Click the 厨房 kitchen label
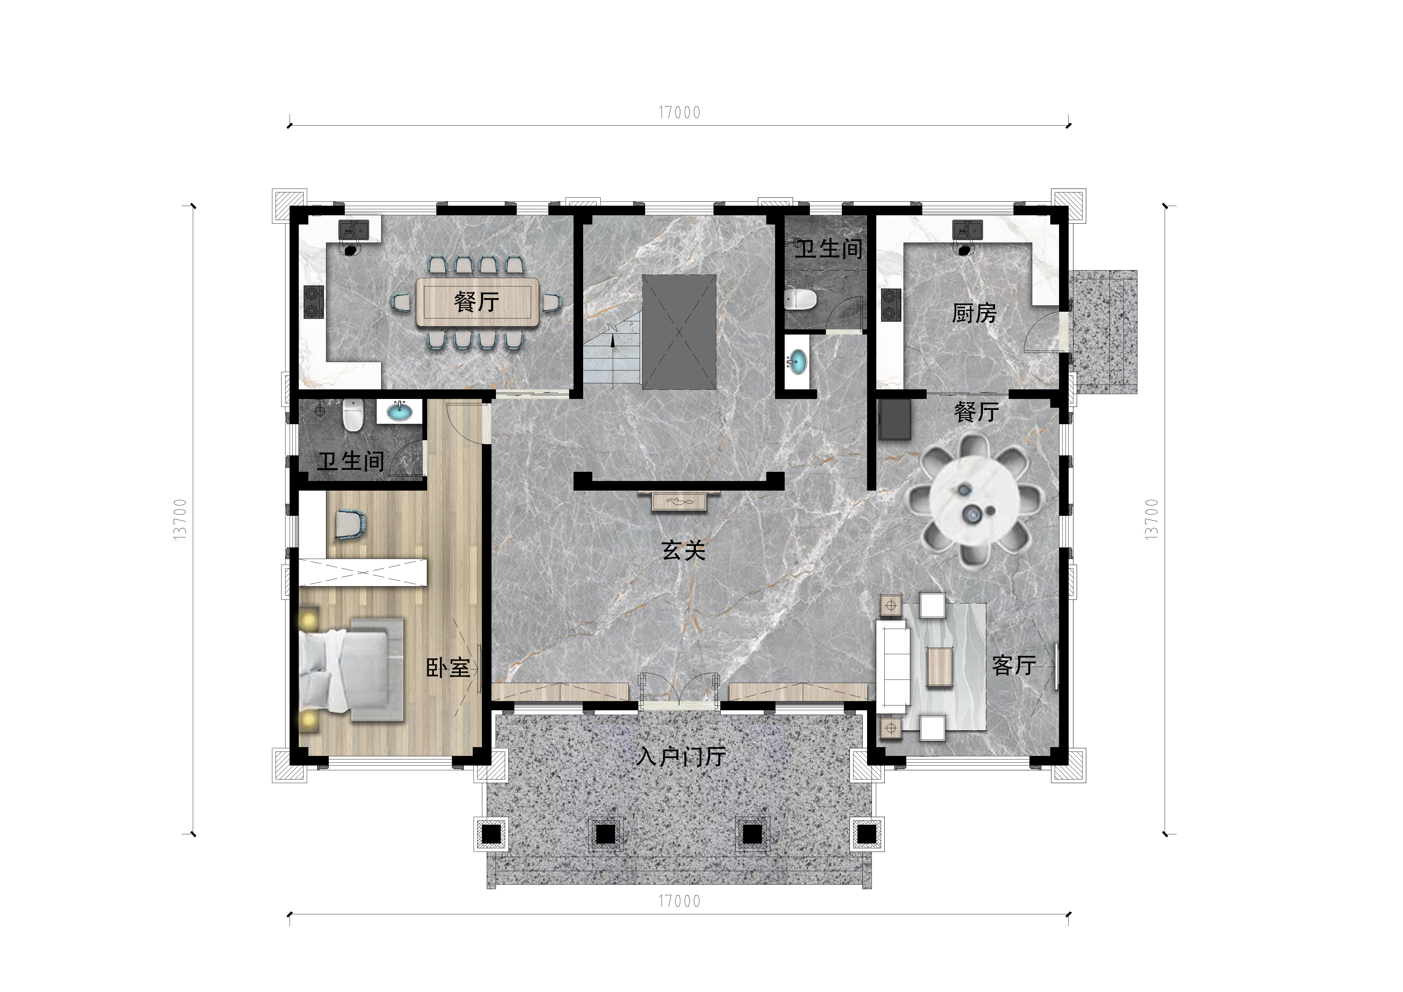tap(974, 314)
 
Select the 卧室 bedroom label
tap(448, 668)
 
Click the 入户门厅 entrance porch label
tap(680, 757)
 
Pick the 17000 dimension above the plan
tap(679, 112)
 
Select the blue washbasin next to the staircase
tap(797, 362)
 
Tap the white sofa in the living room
tap(893, 668)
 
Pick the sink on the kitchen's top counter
tap(968, 230)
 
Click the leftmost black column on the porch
tap(491, 834)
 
